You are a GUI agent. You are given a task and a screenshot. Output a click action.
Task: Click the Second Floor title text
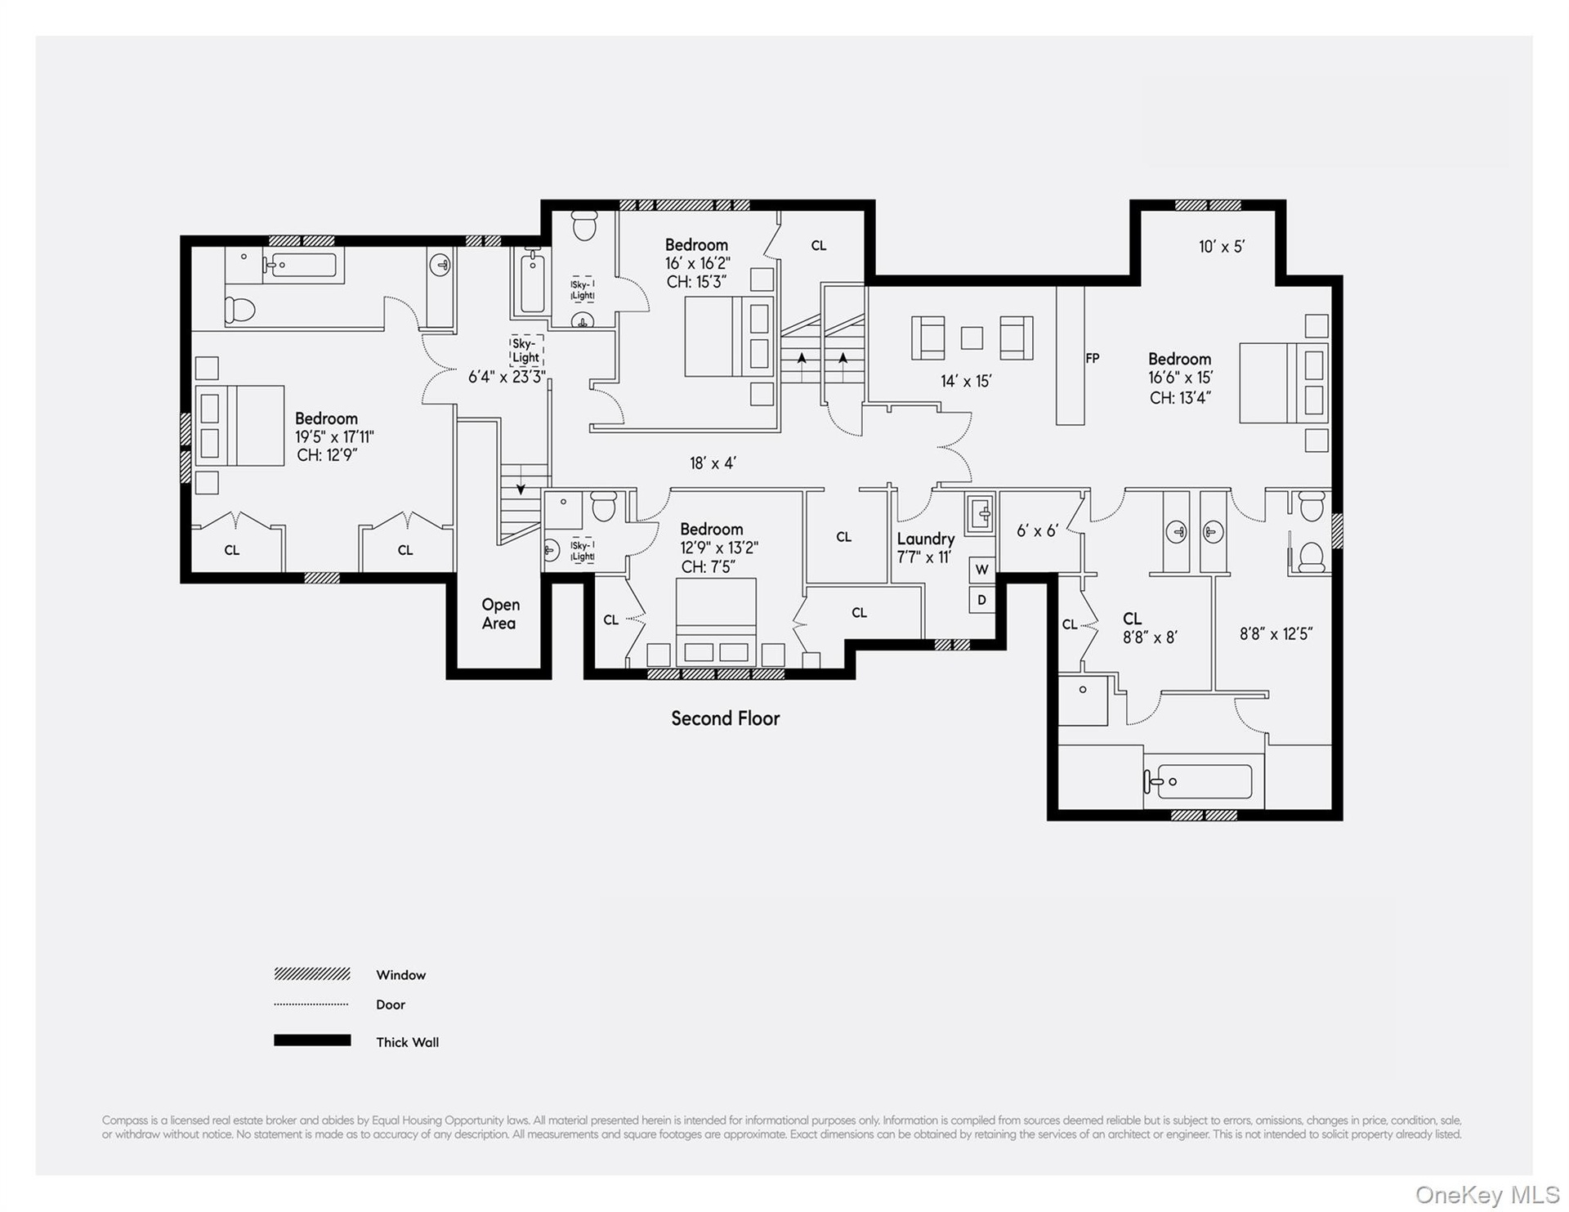726,718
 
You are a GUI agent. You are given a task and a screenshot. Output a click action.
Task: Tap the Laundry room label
926,539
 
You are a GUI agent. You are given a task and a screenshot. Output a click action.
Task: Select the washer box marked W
982,570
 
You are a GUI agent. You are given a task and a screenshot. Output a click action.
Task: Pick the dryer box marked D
982,600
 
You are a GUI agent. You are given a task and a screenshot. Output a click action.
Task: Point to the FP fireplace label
1093,358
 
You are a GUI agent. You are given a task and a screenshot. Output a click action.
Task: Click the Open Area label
499,614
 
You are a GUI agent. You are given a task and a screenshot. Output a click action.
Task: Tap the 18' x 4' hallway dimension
713,463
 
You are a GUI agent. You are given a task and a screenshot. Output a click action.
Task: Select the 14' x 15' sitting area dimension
966,381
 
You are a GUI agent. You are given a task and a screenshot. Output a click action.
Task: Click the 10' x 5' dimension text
1222,247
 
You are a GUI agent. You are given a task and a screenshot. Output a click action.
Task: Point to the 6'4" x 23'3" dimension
507,377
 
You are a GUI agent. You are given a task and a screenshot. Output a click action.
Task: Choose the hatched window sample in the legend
312,974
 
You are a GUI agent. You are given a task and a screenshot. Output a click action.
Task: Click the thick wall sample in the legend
312,1040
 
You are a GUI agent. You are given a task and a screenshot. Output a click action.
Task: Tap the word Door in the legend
391,1005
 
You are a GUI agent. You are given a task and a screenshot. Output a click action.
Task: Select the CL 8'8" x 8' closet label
1150,628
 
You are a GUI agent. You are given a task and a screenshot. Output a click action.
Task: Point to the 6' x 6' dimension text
1037,531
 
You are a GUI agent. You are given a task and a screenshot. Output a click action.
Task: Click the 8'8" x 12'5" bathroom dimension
1276,634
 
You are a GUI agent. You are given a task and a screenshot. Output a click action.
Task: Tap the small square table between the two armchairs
972,338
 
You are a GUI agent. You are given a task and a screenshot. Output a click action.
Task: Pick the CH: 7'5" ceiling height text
709,567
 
